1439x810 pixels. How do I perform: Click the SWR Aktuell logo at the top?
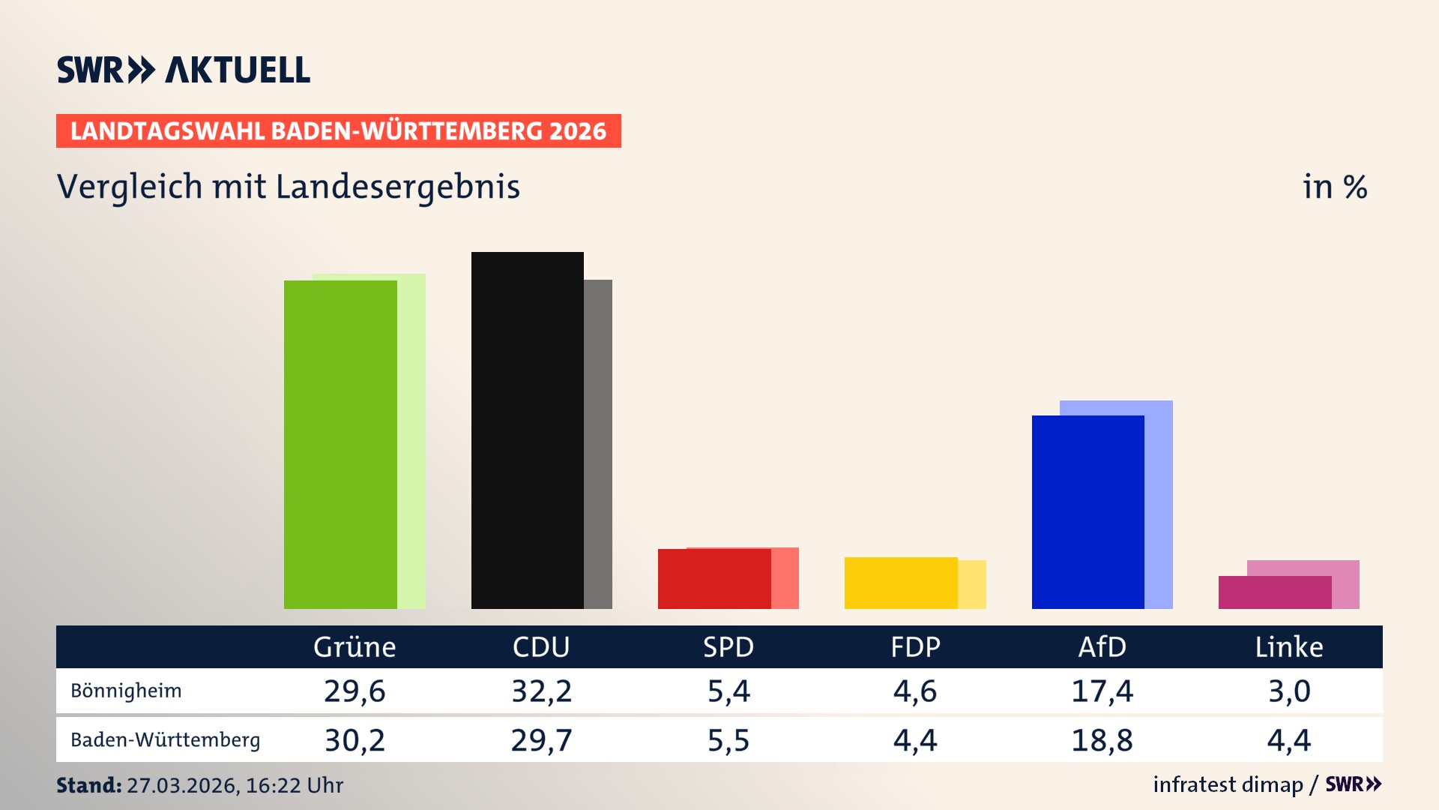tap(184, 70)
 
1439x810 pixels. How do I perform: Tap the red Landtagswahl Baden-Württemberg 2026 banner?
tap(338, 131)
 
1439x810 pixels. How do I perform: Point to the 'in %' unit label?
tap(1334, 187)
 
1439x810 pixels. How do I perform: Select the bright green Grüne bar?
tap(340, 444)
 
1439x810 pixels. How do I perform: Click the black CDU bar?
tap(527, 430)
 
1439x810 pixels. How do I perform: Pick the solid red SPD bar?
tap(714, 578)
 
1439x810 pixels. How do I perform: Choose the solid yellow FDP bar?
tap(900, 583)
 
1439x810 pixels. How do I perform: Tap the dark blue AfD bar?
tap(1087, 511)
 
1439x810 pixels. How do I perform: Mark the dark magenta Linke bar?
tap(1274, 592)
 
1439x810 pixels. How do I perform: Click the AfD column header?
tap(1102, 646)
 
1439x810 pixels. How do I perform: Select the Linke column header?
tap(1289, 646)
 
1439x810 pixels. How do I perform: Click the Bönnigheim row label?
tap(126, 691)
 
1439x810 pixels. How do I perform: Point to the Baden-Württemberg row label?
tap(165, 740)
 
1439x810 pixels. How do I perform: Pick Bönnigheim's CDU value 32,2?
tap(541, 691)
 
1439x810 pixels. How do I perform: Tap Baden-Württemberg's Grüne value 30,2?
tap(355, 740)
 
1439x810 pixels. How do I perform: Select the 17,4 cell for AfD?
tap(1102, 691)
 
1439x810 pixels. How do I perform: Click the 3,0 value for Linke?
tap(1289, 691)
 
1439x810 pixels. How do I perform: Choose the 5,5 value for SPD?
tap(728, 740)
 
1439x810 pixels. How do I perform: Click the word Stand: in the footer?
tap(88, 785)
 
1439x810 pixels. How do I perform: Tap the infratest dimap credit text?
tap(1228, 784)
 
